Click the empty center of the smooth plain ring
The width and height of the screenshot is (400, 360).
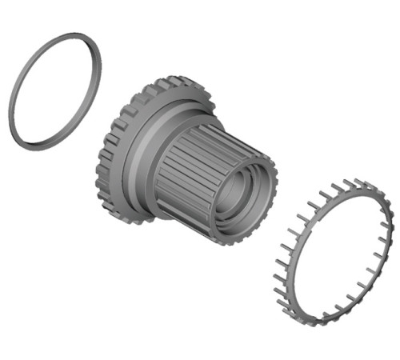tap(55, 90)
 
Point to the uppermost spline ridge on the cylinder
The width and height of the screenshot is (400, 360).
tap(210, 128)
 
